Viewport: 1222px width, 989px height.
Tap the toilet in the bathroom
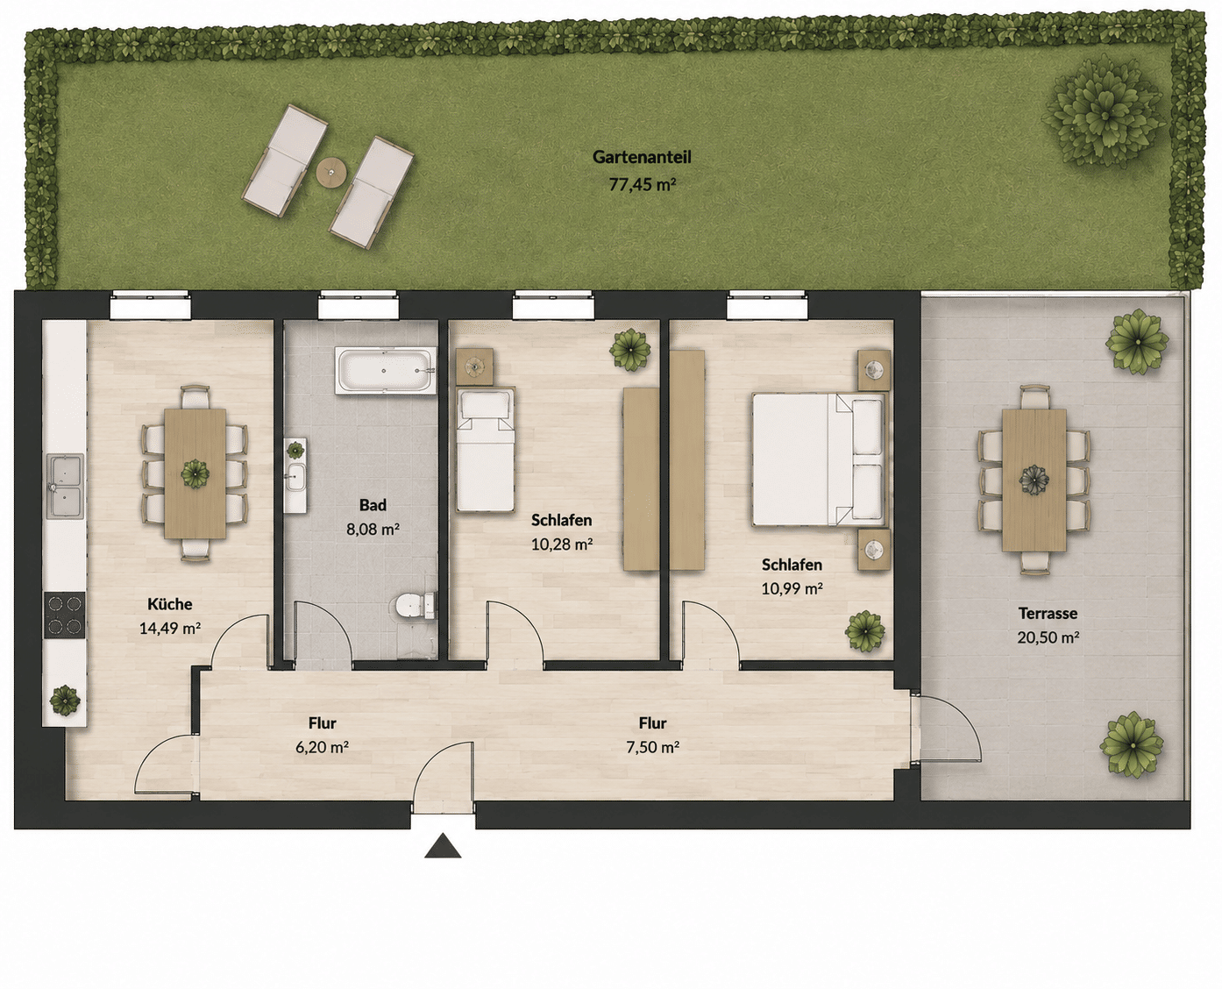(416, 607)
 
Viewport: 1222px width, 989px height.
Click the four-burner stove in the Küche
(65, 615)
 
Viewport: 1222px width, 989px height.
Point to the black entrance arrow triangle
(443, 846)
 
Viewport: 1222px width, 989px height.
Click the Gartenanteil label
(642, 157)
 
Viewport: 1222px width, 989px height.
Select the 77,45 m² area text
(642, 184)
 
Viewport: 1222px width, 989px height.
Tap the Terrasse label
(1048, 613)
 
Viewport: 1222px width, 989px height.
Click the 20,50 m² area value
(1048, 637)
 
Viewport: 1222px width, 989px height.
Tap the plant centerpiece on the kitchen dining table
(195, 473)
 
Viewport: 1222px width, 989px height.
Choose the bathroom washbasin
(296, 476)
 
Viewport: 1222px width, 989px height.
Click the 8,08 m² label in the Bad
(373, 529)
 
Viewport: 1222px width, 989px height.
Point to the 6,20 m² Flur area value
(322, 747)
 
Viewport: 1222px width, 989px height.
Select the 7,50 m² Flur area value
(653, 747)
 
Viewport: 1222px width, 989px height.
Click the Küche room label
(170, 604)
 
